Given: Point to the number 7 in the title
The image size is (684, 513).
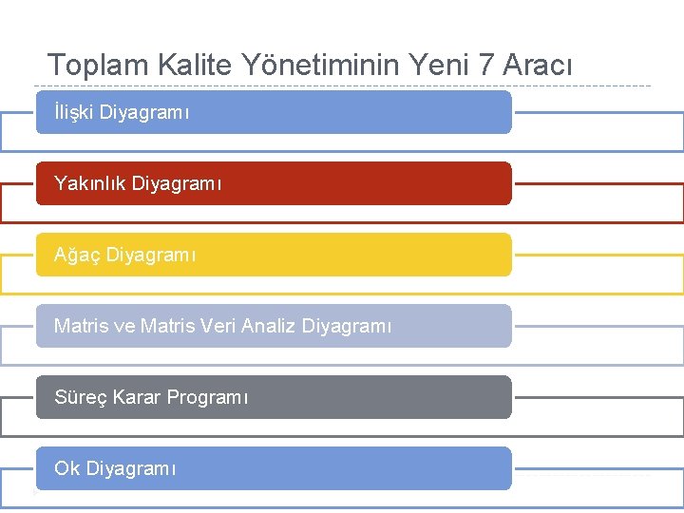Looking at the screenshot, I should [485, 65].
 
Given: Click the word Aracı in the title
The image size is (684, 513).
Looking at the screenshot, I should [538, 65].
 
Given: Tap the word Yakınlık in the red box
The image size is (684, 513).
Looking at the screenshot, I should [90, 183].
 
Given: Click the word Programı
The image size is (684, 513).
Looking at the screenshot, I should [207, 397].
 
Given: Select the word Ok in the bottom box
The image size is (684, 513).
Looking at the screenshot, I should [66, 468].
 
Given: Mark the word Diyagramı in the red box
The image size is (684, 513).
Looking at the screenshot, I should [177, 183].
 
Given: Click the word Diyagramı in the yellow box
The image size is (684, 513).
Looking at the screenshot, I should [151, 256].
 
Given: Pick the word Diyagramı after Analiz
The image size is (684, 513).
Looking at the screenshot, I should [346, 327].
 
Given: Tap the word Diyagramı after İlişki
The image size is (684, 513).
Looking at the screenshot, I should [144, 113].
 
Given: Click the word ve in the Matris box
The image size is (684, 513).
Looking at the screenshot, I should [124, 327].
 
